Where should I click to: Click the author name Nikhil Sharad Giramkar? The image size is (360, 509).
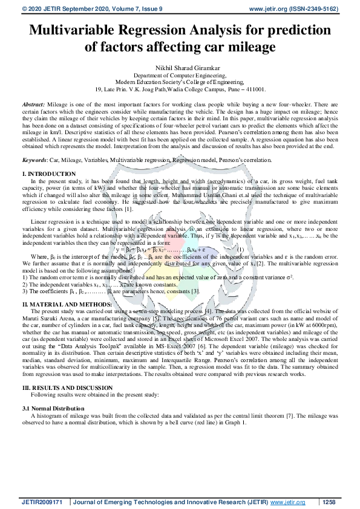(x=180, y=66)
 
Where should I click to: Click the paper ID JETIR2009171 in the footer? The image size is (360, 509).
(x=42, y=502)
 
